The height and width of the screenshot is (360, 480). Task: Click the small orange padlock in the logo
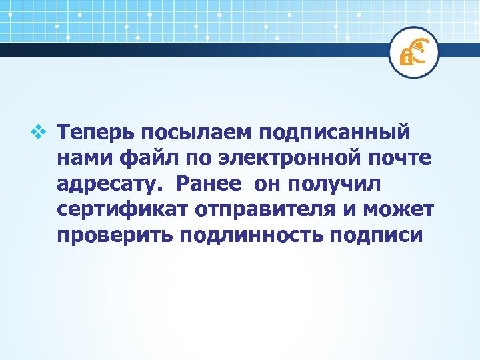(x=405, y=57)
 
